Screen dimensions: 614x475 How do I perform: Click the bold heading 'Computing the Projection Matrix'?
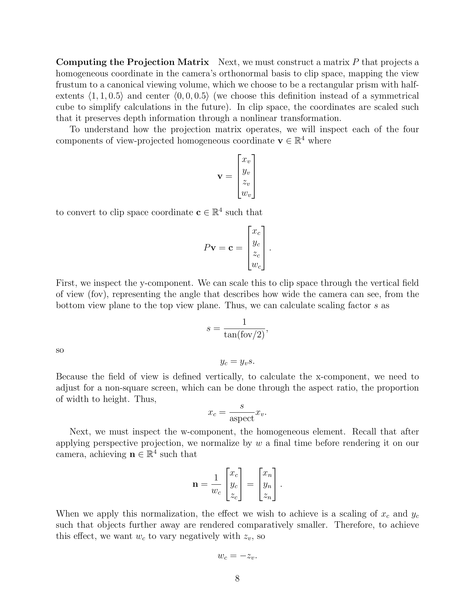(132, 62)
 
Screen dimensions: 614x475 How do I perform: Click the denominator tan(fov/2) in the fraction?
(244, 335)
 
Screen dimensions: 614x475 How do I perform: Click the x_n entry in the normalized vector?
(267, 474)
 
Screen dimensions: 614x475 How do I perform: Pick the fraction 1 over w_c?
(216, 485)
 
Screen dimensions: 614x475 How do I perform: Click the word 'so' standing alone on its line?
(60, 350)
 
